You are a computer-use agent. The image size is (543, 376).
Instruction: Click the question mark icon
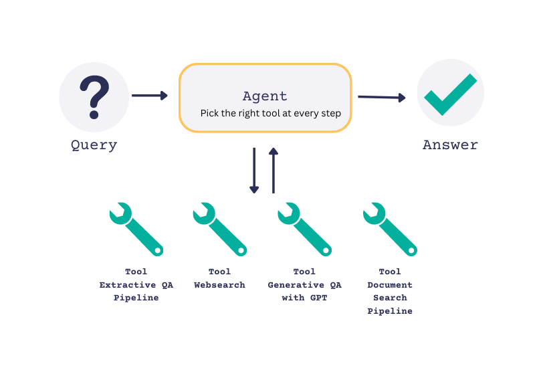coord(94,97)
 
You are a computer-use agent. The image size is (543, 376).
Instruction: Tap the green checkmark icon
coord(450,94)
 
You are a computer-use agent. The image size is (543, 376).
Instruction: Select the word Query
coord(94,145)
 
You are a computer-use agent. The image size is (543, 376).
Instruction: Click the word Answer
coord(450,145)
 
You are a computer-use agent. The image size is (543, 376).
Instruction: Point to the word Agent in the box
coord(265,96)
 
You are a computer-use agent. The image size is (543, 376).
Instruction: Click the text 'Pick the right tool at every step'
coord(271,114)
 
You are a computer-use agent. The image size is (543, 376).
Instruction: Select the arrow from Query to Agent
coord(149,96)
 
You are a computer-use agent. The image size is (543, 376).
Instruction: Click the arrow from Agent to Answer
coord(381,98)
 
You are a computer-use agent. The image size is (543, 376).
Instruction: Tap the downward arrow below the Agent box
coord(254,171)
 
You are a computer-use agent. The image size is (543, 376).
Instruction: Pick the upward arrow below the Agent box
coord(273,171)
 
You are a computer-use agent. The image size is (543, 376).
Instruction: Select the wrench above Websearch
coord(220,229)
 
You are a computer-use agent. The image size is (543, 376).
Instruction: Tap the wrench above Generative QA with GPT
coord(304,229)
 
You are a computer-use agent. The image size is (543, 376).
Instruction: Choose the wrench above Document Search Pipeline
coord(390,229)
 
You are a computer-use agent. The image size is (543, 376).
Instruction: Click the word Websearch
coord(219,285)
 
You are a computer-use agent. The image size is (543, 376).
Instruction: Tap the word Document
coord(390,285)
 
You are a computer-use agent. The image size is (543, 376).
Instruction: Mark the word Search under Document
coord(390,298)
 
